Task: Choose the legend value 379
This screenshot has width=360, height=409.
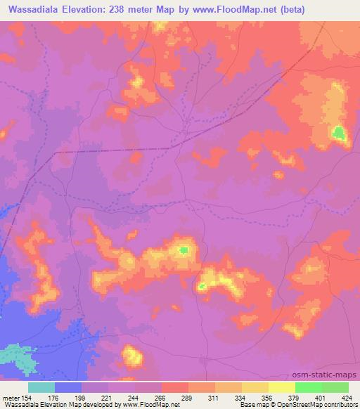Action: tap(282, 398)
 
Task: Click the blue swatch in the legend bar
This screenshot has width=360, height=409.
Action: tap(68, 387)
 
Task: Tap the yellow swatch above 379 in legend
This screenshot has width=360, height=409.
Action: tap(282, 387)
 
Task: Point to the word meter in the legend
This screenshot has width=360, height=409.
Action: tap(10, 398)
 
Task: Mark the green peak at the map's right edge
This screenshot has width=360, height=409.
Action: tap(340, 132)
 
